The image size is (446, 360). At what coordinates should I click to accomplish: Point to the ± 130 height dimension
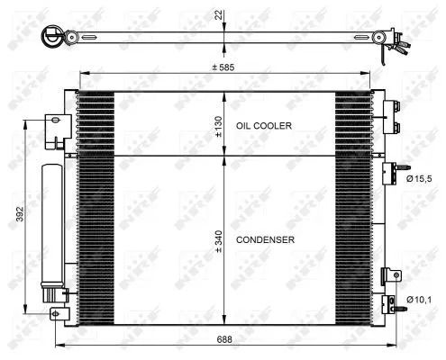point(218,126)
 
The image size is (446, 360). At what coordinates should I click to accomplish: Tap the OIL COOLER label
point(263,126)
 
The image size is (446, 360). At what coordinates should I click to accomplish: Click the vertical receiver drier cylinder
point(50,225)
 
